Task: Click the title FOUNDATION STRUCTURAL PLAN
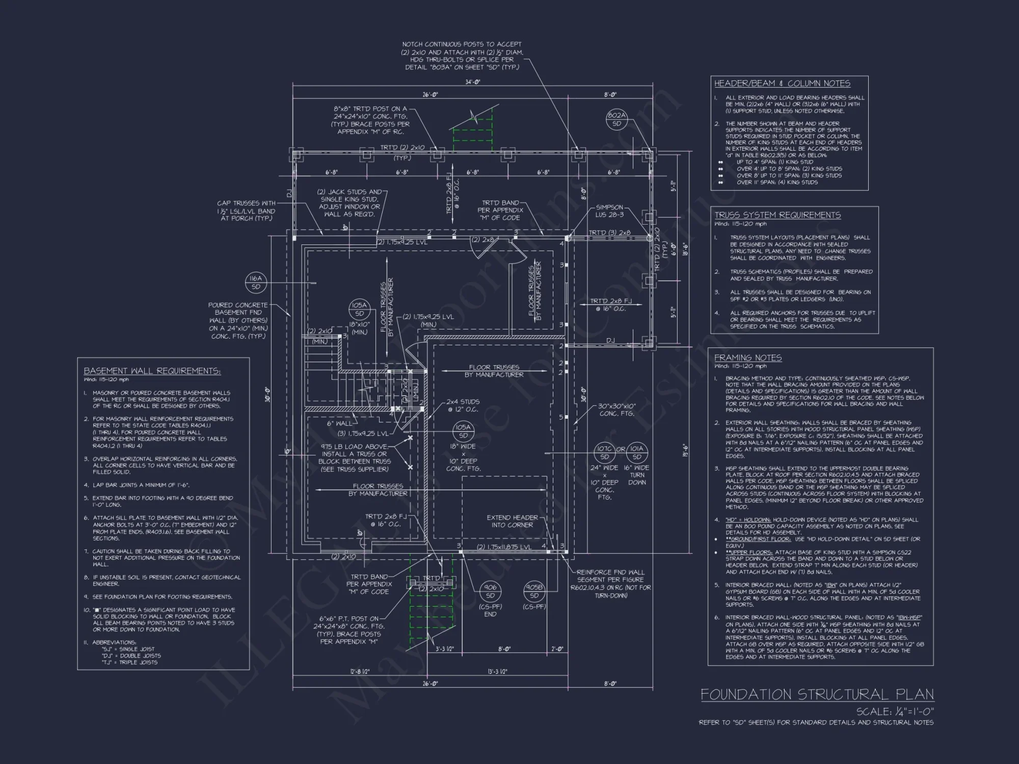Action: pos(817,695)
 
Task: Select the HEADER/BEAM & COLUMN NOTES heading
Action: pos(782,84)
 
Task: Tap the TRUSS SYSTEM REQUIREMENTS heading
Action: pos(777,215)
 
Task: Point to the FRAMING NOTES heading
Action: pos(747,358)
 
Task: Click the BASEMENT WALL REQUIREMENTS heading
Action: pos(152,371)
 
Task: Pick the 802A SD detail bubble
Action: pos(616,120)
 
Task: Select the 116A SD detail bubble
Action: pos(256,283)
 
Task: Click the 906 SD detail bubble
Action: pos(490,591)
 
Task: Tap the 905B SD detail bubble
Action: pos(534,591)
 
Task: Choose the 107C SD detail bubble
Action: pos(604,452)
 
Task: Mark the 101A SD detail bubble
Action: pos(637,452)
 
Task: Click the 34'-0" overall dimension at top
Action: pos(473,82)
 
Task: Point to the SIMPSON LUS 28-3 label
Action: pos(609,211)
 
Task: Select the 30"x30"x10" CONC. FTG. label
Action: pos(616,410)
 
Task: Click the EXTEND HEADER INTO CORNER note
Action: pos(512,521)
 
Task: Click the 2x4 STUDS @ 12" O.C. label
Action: pos(463,405)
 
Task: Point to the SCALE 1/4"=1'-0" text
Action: pos(895,712)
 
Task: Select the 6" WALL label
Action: pos(339,423)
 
